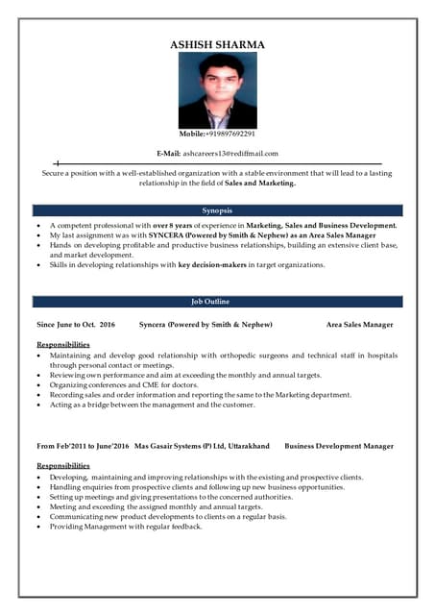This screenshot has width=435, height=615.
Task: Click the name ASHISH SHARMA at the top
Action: pyautogui.click(x=217, y=44)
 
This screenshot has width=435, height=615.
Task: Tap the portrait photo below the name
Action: pyautogui.click(x=217, y=90)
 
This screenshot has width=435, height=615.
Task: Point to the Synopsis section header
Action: pyautogui.click(x=217, y=210)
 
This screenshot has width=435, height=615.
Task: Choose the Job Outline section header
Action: pyautogui.click(x=217, y=302)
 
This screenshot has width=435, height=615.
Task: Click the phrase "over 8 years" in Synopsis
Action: pyautogui.click(x=174, y=225)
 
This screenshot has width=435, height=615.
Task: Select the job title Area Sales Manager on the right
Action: pyautogui.click(x=359, y=325)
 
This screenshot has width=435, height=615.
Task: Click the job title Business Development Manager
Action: pyautogui.click(x=339, y=446)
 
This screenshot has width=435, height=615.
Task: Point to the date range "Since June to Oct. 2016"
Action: pyautogui.click(x=76, y=325)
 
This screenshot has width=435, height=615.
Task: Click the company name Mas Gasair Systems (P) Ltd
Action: pyautogui.click(x=182, y=446)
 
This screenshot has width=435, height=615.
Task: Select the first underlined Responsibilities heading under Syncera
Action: pyautogui.click(x=63, y=344)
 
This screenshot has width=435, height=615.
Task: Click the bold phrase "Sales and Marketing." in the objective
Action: pyautogui.click(x=261, y=183)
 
